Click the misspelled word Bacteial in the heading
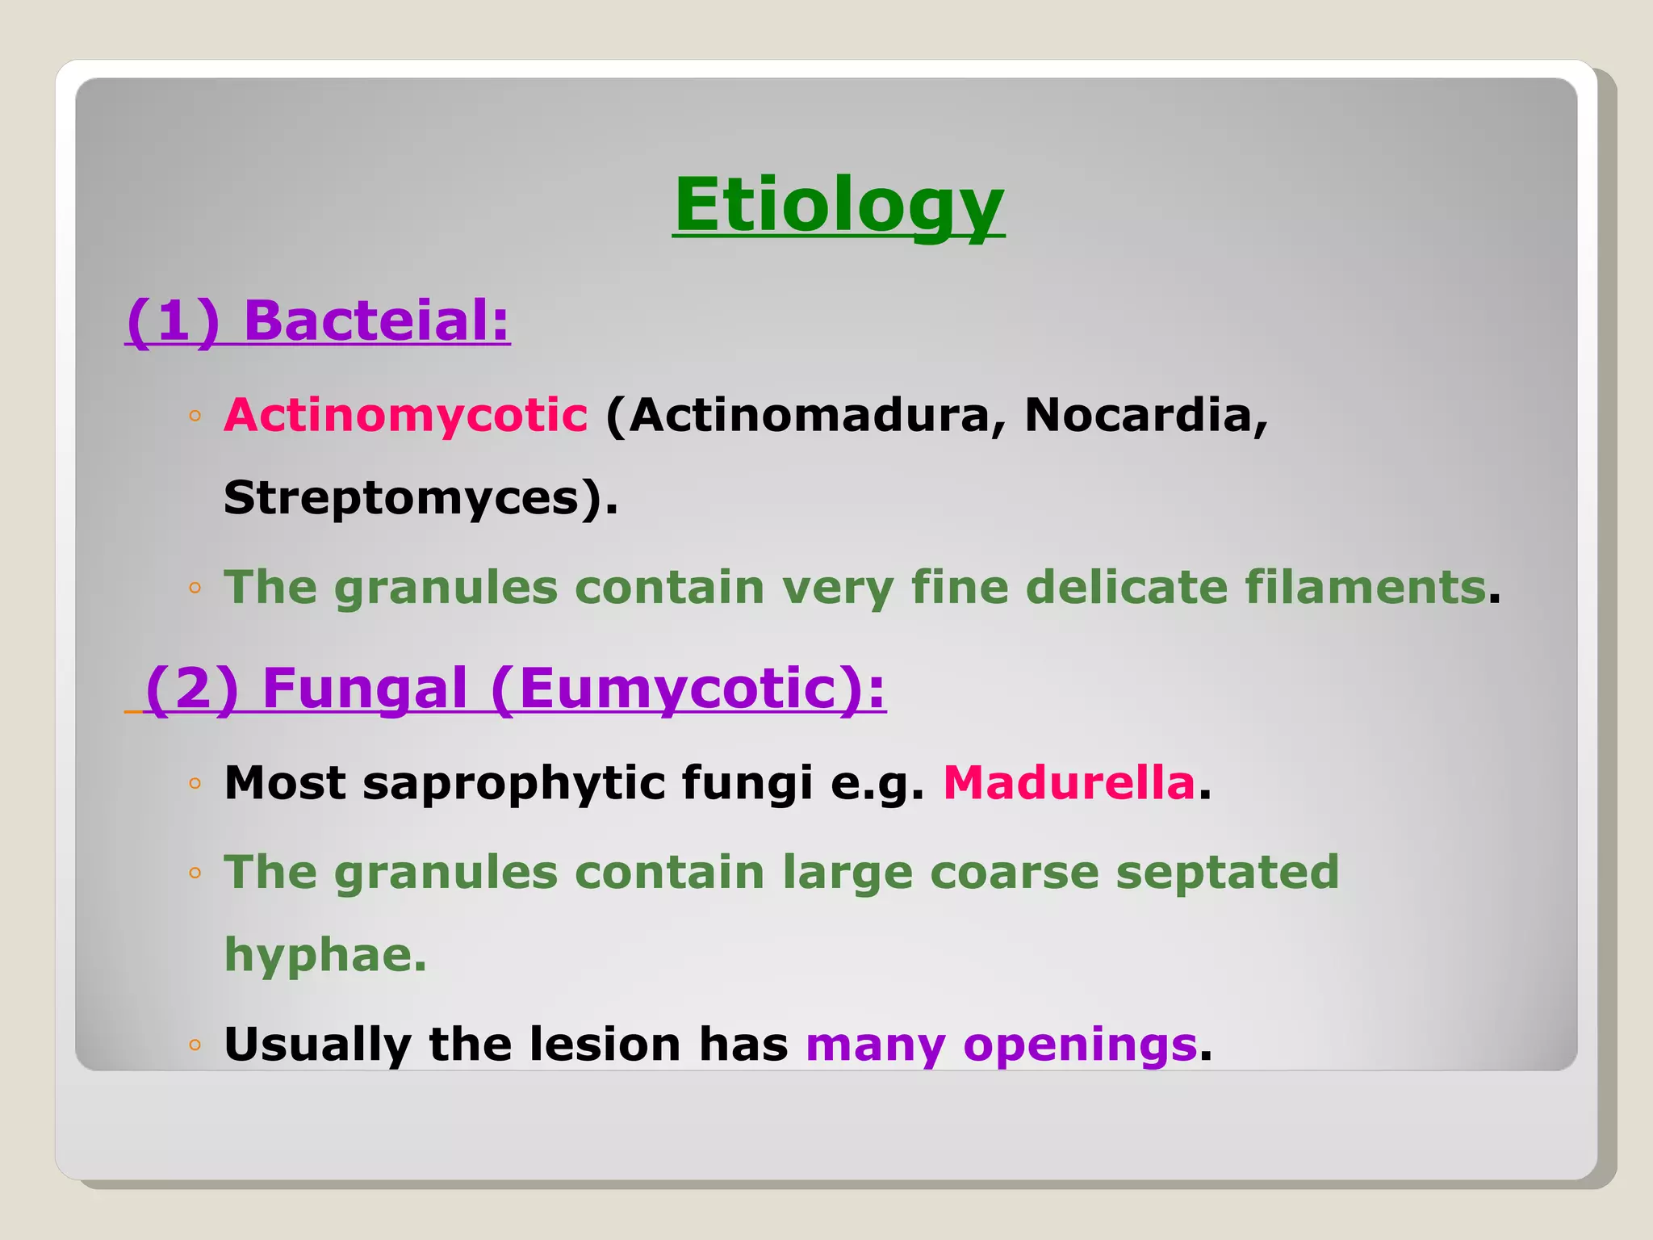point(376,320)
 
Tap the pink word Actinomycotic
point(406,415)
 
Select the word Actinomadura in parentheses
point(807,415)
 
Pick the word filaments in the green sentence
point(1365,586)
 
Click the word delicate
point(1127,586)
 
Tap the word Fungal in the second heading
point(365,688)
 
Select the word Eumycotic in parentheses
point(677,688)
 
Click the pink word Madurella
point(1069,782)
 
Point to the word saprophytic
point(513,782)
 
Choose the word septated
point(1227,872)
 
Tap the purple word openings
point(1080,1044)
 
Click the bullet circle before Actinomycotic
point(195,417)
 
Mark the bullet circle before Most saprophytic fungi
point(195,783)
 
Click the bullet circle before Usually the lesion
point(195,1045)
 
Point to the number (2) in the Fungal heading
point(192,688)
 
